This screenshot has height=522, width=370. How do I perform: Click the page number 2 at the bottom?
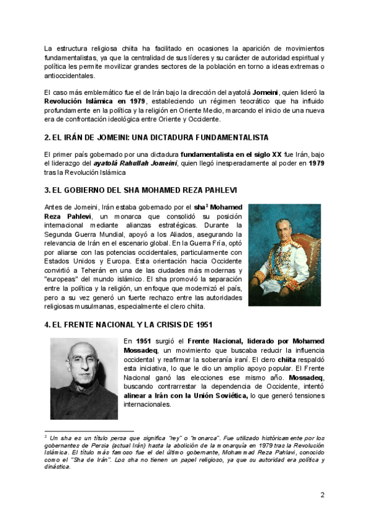[x=322, y=494]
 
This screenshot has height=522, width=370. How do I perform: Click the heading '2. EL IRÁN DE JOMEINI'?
[x=147, y=136]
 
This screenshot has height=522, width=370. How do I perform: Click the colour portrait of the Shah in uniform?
[x=284, y=255]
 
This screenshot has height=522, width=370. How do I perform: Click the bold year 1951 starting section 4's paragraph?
[x=143, y=340]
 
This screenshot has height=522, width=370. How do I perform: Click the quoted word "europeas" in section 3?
[x=64, y=280]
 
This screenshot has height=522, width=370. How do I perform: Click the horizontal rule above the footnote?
[x=89, y=431]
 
